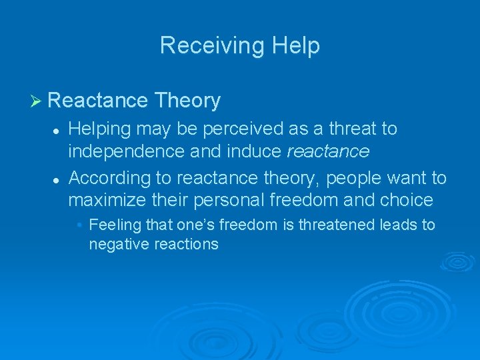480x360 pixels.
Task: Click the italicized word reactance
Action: pyautogui.click(x=327, y=151)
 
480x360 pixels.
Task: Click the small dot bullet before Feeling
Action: pyautogui.click(x=79, y=225)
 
